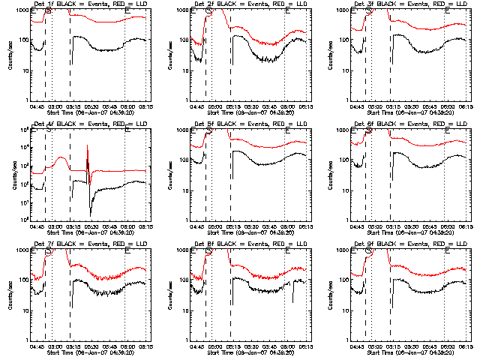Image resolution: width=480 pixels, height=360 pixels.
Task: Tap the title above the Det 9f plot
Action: click(x=408, y=244)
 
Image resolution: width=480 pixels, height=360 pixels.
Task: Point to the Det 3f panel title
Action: click(x=408, y=4)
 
